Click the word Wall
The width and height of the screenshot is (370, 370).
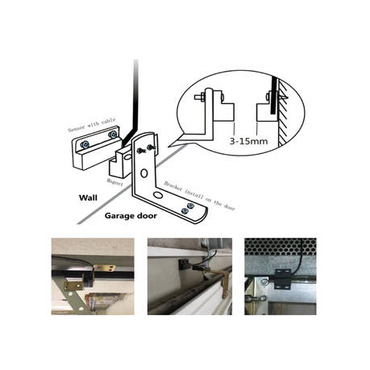click(x=89, y=197)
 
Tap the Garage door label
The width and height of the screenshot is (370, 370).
click(x=131, y=215)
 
